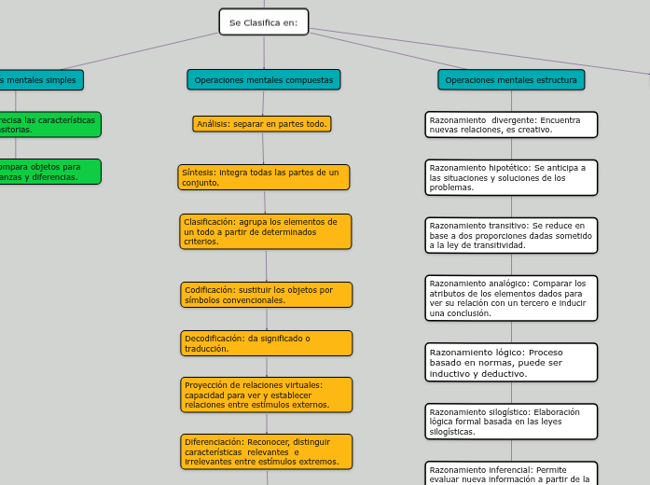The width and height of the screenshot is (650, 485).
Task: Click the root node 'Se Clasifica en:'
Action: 264,22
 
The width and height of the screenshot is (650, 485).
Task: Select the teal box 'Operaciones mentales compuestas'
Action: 264,80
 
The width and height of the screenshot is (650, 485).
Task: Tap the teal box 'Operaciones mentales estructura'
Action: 511,80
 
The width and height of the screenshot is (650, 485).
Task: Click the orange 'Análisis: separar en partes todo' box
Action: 262,124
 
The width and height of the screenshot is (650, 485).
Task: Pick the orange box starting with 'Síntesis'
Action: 264,177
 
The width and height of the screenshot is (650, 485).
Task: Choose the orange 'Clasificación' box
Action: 266,231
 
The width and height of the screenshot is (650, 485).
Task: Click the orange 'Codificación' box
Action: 267,295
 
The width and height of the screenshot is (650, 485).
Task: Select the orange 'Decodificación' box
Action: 267,343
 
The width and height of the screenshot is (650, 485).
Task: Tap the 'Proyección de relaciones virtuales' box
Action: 267,395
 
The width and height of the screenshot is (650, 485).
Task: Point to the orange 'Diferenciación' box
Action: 267,451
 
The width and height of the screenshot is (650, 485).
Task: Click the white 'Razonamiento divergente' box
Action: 511,125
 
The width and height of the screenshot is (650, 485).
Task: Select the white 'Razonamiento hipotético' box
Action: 511,177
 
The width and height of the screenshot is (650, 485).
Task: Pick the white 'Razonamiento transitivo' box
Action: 511,235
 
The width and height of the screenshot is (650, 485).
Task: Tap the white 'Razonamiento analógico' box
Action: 511,298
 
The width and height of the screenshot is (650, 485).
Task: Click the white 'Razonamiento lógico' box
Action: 511,363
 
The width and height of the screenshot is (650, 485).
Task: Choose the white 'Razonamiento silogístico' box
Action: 511,422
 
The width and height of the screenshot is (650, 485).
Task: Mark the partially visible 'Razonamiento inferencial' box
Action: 511,474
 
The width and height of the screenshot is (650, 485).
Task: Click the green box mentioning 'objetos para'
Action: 47,172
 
